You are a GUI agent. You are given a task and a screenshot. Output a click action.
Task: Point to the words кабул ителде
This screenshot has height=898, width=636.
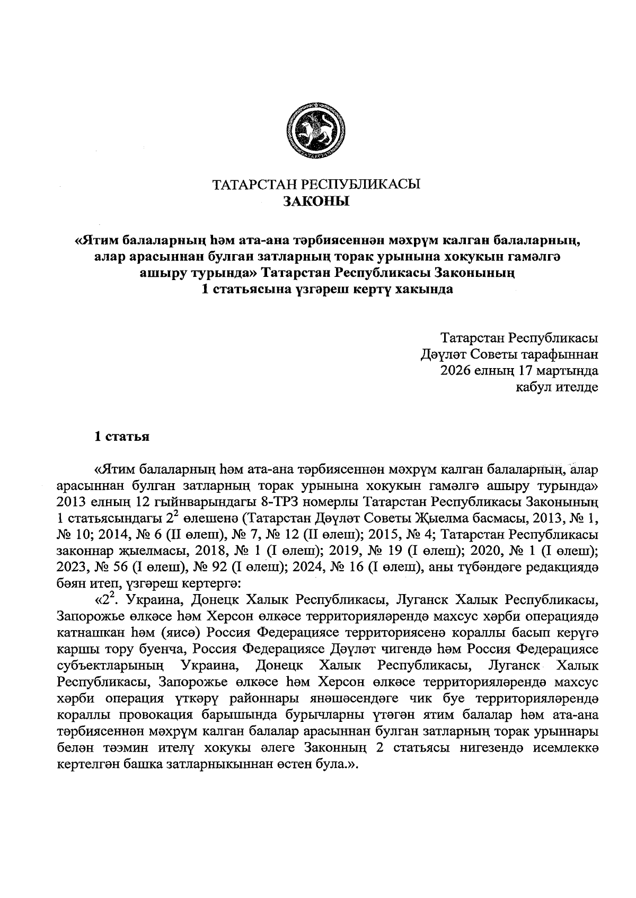tap(558, 387)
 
